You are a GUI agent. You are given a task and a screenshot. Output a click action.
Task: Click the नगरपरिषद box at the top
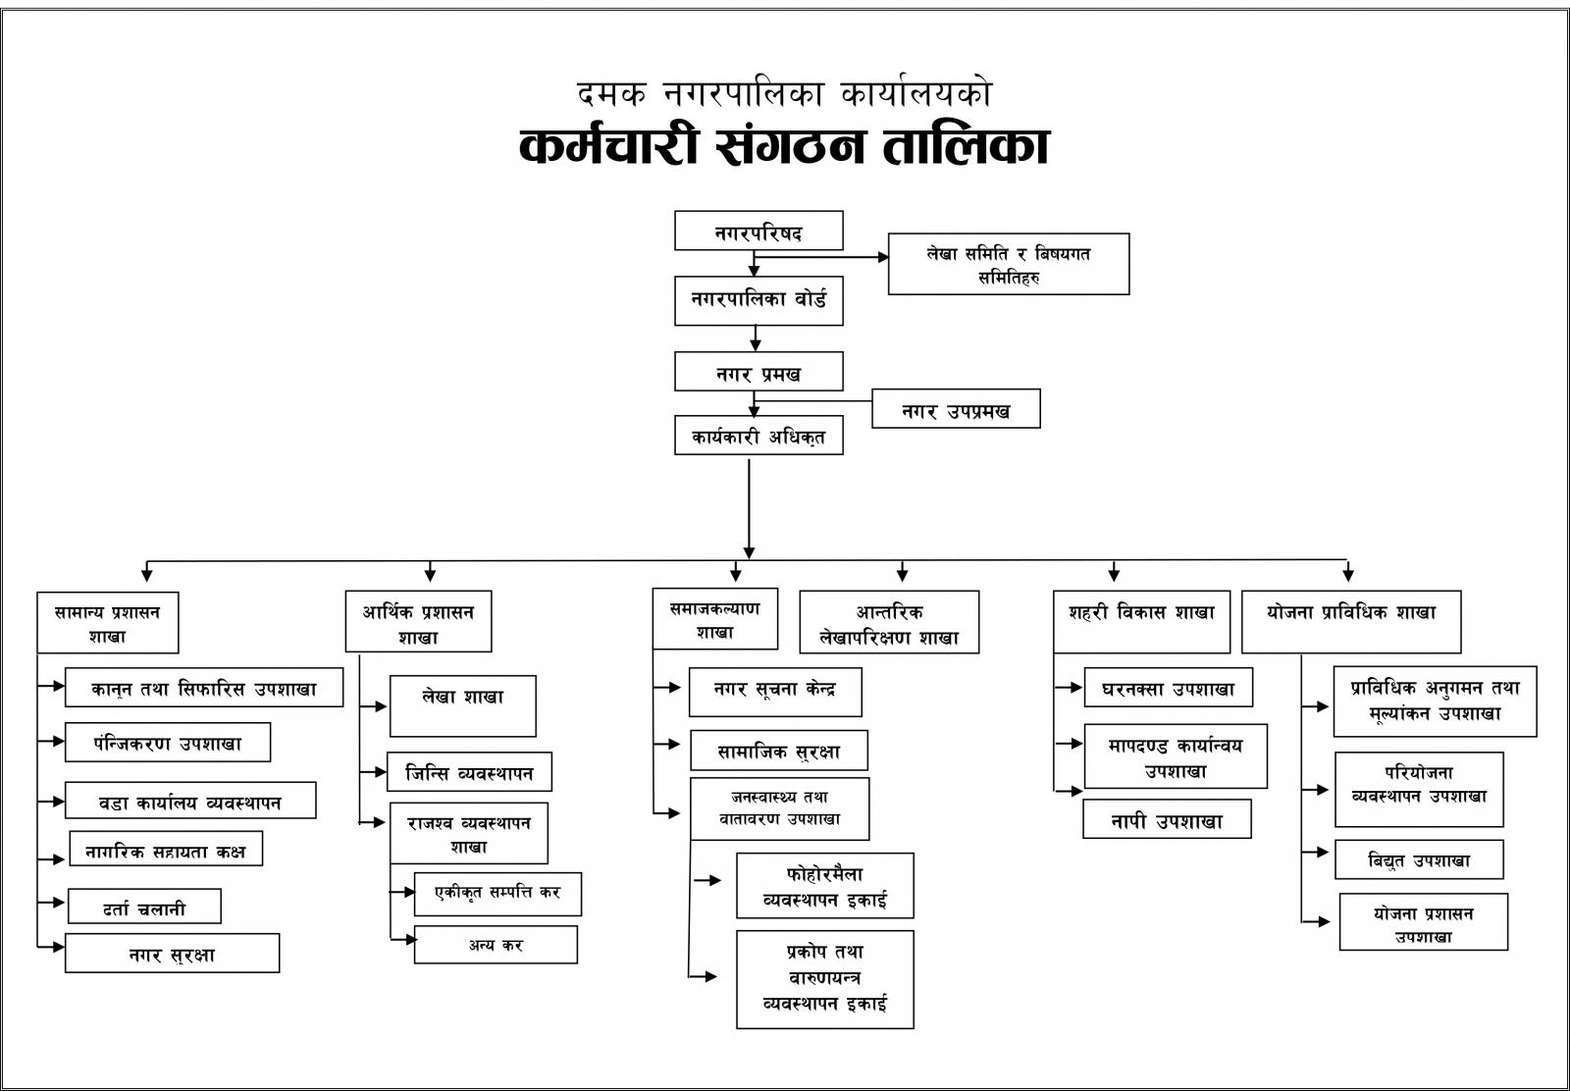pos(759,231)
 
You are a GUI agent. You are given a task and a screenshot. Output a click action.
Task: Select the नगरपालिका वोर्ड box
pos(759,300)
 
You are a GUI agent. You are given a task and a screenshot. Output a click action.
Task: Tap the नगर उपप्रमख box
pos(956,408)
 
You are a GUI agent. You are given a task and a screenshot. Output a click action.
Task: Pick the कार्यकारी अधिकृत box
pos(759,436)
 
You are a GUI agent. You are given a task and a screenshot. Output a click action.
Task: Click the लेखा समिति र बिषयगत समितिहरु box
pos(1009,264)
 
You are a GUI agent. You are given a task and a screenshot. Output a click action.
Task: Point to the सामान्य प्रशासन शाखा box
pos(108,623)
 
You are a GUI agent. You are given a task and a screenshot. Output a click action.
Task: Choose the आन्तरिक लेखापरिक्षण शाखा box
pos(889,622)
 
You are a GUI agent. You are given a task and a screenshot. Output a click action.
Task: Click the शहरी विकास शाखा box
pos(1142,622)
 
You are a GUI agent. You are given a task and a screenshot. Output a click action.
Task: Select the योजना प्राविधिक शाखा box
pos(1351,622)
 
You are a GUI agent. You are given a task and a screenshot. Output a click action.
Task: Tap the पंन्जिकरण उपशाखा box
pos(168,742)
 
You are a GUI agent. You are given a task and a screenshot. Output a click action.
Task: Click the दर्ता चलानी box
pos(144,906)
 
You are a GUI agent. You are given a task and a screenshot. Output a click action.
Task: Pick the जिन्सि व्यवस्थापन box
pos(469,771)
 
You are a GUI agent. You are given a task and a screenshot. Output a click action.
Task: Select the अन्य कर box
pos(496,945)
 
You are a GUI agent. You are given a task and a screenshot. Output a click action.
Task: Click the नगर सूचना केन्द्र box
pos(775,693)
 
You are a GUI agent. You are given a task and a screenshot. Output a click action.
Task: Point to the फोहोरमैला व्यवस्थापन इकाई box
pos(825,886)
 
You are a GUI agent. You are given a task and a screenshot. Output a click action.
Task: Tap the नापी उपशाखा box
pos(1167,818)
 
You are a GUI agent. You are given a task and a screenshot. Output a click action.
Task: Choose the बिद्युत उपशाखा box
pos(1419,859)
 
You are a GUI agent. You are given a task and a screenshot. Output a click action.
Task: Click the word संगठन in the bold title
pos(790,146)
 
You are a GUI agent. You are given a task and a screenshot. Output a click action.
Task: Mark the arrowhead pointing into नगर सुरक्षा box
pos(60,948)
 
